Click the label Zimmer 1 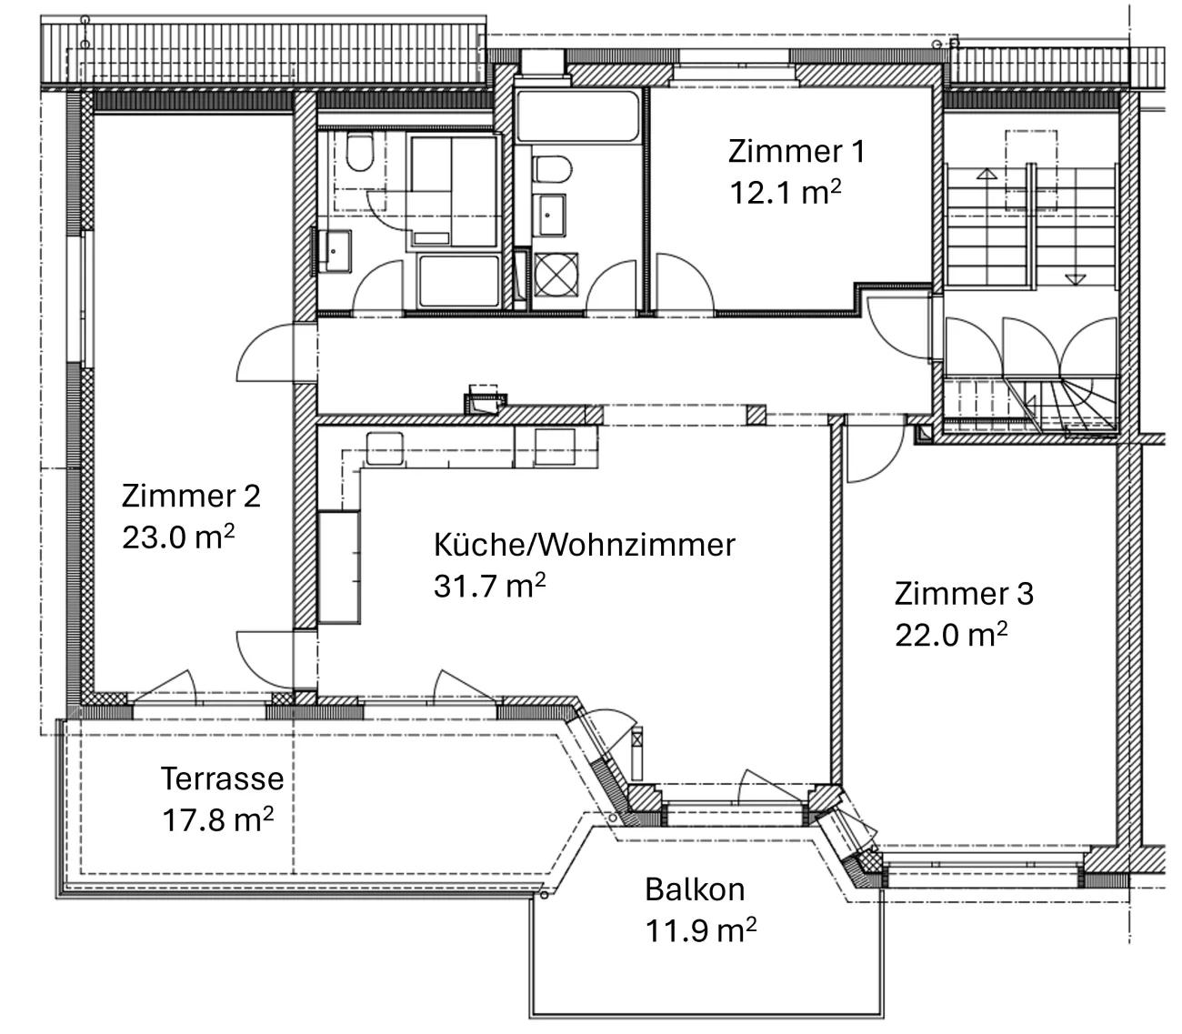tap(796, 151)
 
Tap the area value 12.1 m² tap(785, 192)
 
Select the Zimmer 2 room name tap(191, 496)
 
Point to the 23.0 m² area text tap(178, 537)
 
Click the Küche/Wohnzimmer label tap(584, 545)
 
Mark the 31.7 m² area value tap(489, 586)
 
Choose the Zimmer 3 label tap(964, 594)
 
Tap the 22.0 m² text tap(951, 635)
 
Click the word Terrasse tap(222, 779)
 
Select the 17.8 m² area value tap(217, 819)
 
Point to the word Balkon tap(695, 888)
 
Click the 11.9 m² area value tap(701, 930)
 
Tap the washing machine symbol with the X tap(556, 275)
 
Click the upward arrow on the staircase tap(987, 173)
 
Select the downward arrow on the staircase tap(1075, 279)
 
